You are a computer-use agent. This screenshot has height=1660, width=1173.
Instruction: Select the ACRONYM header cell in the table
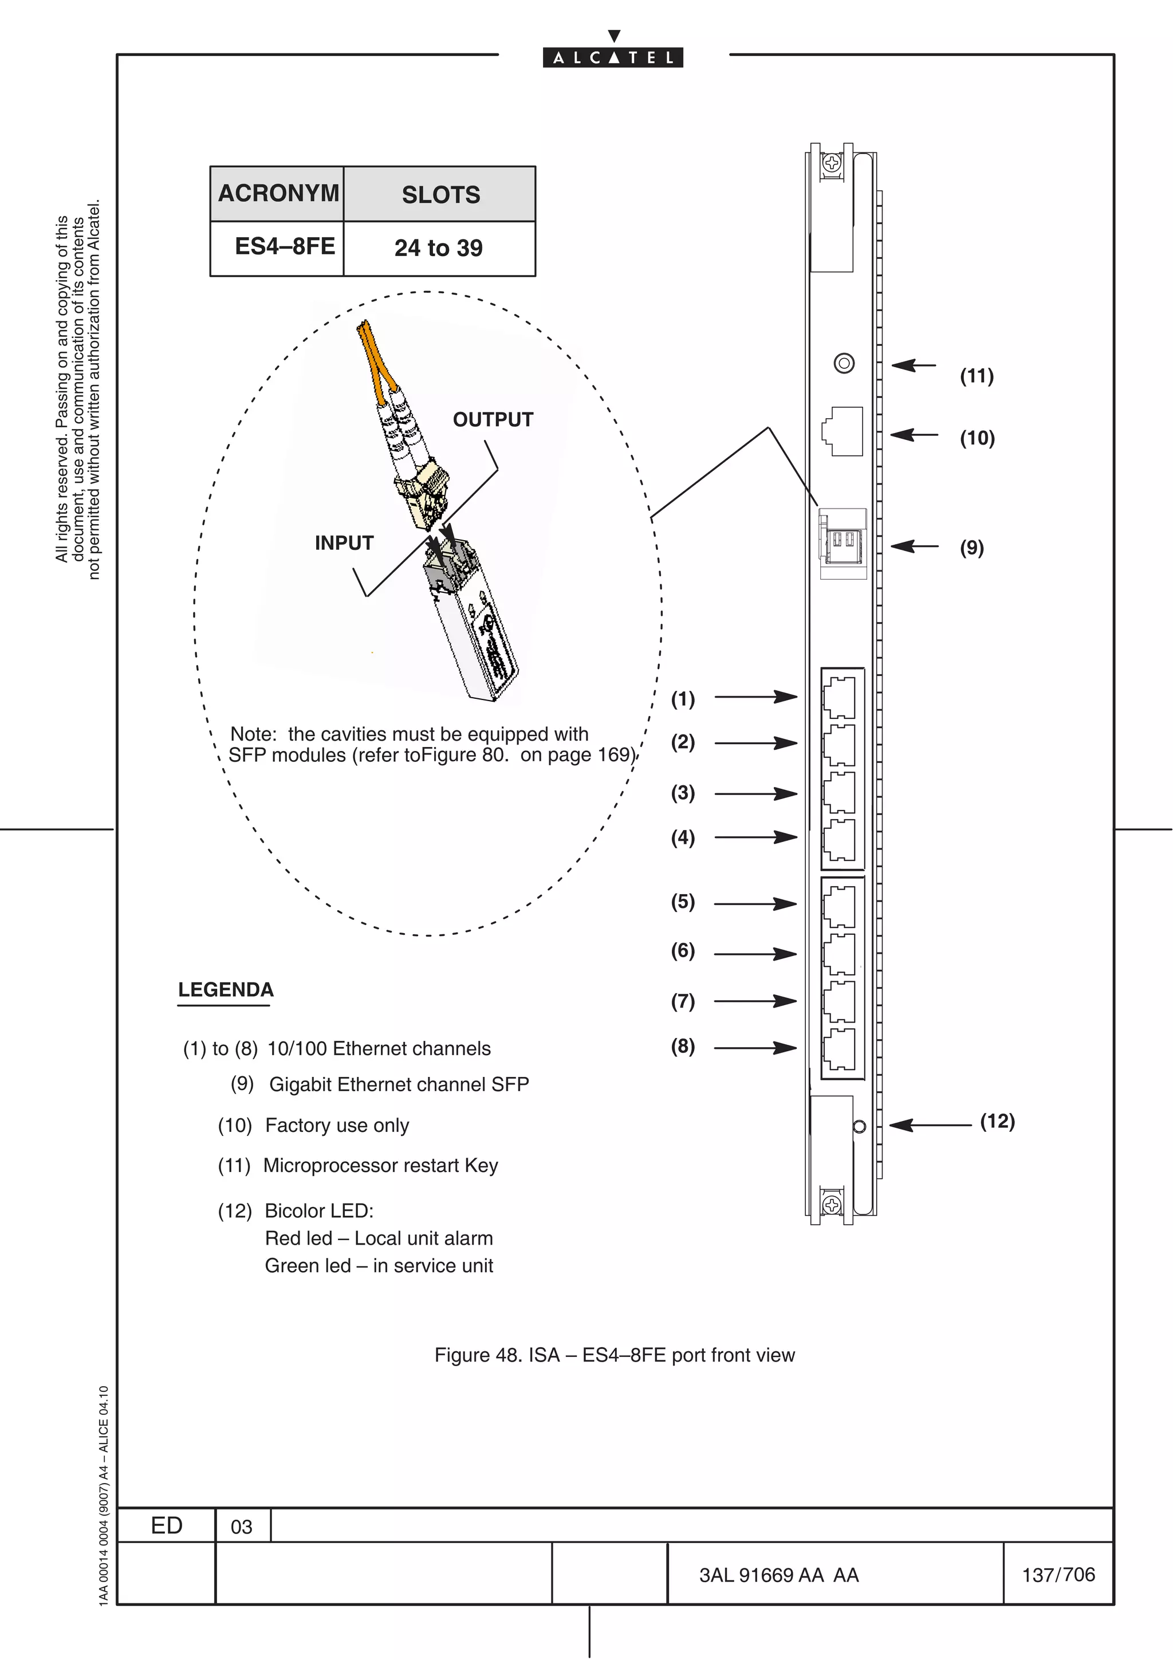tap(278, 194)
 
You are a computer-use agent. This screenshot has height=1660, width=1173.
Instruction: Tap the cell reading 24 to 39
tap(439, 248)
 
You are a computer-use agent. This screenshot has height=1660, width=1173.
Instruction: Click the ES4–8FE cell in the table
tap(285, 246)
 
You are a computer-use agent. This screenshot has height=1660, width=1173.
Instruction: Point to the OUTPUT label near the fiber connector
tap(493, 419)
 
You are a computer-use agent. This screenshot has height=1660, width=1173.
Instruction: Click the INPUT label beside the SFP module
tap(344, 543)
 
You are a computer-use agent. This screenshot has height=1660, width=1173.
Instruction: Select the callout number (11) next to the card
tap(977, 376)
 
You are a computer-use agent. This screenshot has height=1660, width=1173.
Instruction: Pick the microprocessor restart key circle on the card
tap(844, 363)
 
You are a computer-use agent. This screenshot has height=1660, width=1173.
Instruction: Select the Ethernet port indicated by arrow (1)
tap(840, 697)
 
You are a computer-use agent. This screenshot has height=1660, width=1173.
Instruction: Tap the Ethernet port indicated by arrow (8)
tap(840, 1048)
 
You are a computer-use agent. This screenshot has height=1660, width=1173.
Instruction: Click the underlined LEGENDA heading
tap(226, 990)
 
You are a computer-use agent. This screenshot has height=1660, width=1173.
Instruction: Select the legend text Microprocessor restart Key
tap(380, 1166)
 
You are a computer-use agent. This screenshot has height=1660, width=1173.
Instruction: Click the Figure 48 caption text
tap(615, 1355)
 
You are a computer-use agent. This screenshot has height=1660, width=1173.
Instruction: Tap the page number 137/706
tap(1058, 1575)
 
